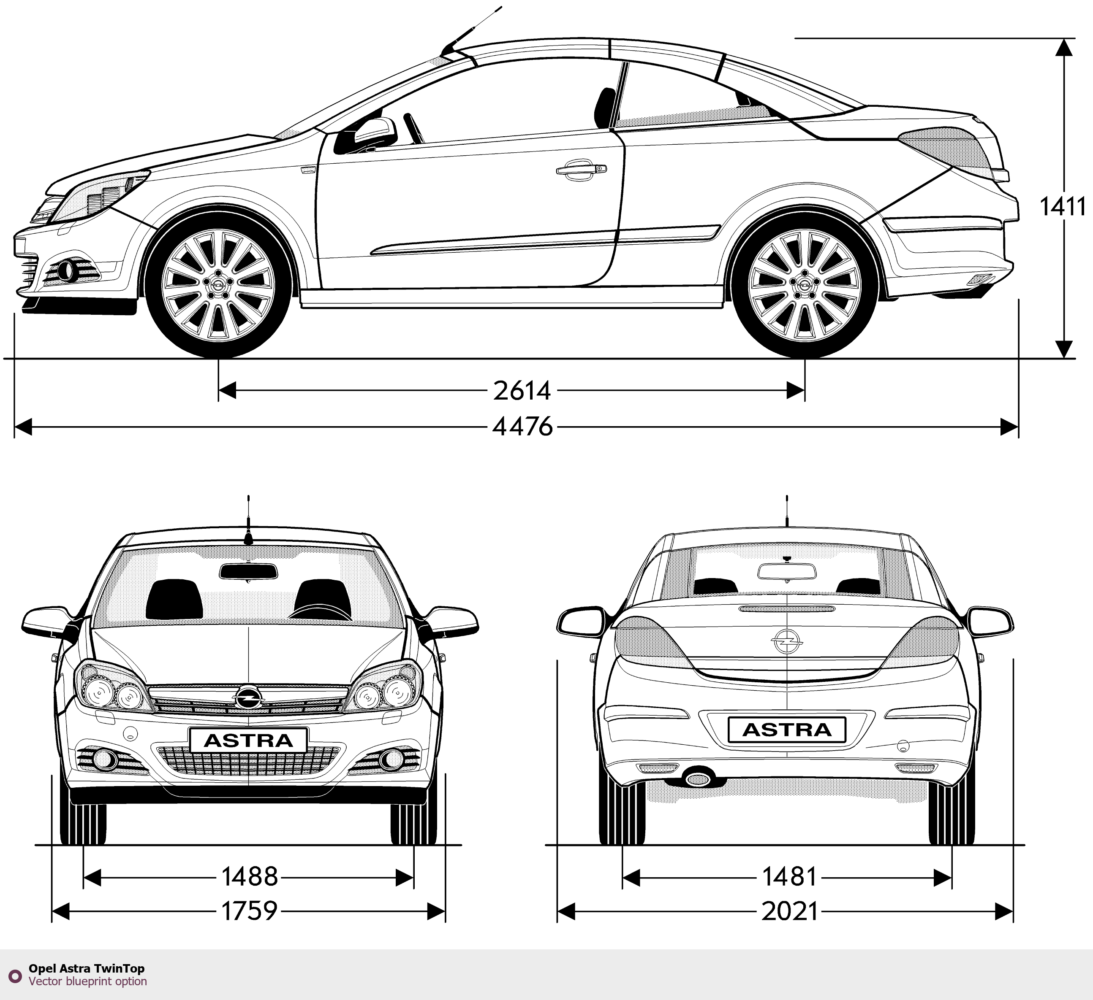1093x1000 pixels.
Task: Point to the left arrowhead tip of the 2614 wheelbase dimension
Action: point(219,389)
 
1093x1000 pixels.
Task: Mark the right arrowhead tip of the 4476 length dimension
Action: point(1018,427)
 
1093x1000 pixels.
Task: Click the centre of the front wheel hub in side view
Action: point(218,285)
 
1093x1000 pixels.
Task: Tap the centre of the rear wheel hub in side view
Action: point(805,285)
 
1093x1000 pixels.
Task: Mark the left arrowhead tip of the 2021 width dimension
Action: point(558,912)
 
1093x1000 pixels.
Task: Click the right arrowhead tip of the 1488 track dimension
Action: point(413,878)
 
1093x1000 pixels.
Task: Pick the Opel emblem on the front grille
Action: point(248,697)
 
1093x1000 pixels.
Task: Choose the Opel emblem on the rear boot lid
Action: point(787,641)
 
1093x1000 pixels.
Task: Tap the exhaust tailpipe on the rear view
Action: point(698,779)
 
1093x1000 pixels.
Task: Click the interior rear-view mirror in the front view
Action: point(248,571)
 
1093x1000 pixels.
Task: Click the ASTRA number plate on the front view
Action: point(248,740)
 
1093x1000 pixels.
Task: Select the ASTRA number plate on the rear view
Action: point(787,730)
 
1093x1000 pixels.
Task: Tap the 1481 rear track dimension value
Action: point(789,876)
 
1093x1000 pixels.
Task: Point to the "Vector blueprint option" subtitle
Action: point(88,981)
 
